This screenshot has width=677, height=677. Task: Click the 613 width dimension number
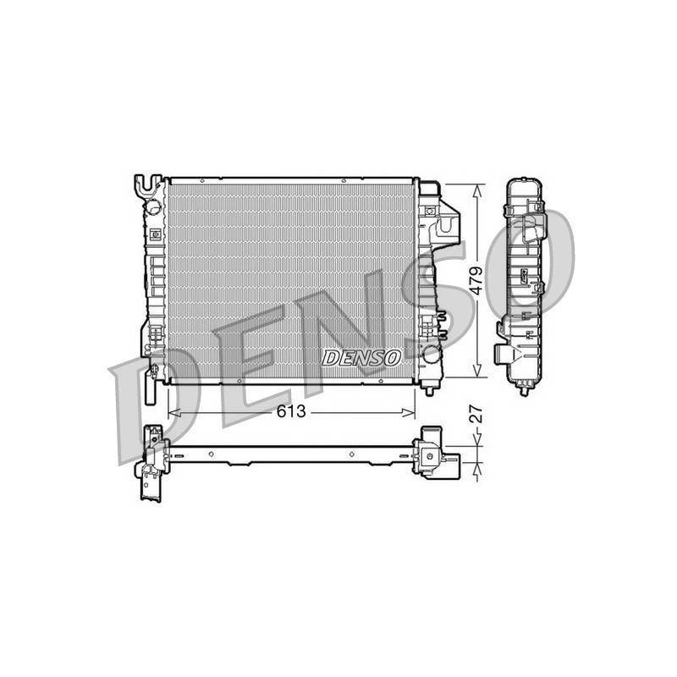click(x=291, y=412)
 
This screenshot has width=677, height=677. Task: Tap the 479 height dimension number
click(x=476, y=281)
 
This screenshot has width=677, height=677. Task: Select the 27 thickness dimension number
click(x=476, y=413)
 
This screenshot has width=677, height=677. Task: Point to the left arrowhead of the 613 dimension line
click(x=173, y=413)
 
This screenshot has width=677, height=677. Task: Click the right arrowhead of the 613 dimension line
click(x=409, y=413)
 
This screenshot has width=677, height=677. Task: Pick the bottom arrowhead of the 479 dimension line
click(x=477, y=370)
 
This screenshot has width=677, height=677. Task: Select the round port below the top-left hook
click(x=153, y=206)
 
